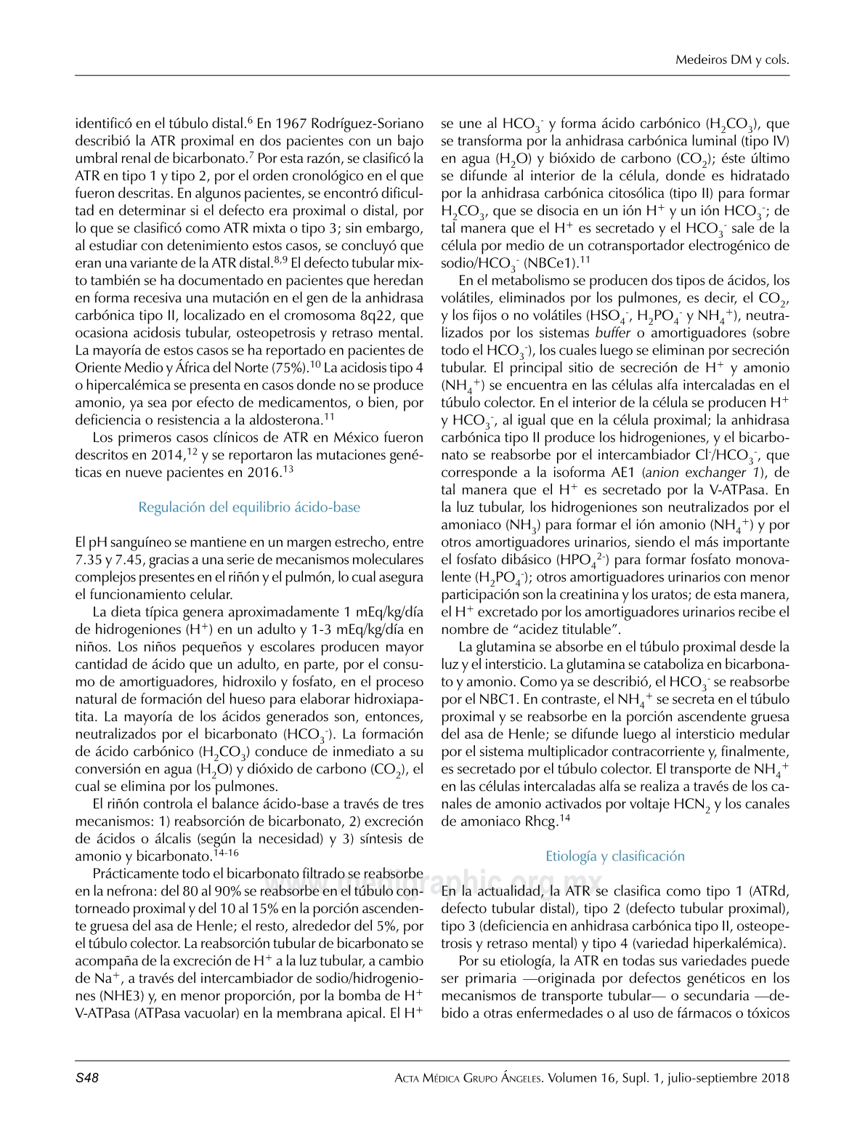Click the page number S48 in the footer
87,1078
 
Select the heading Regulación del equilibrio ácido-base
249,507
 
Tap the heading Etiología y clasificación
615,856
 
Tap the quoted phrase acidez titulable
566,630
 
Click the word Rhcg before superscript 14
538,822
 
